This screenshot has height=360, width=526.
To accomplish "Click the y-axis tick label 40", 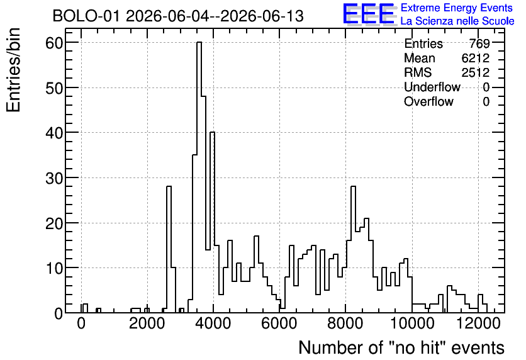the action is point(54,133).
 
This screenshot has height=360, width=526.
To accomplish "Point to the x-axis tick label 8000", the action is point(345,323).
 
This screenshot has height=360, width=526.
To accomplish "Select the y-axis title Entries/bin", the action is point(14,70).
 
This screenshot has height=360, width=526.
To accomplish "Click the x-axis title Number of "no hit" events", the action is point(401,347).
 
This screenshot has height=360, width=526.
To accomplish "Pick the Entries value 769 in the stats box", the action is point(479,43).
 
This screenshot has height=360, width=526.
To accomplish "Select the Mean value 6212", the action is point(475,58).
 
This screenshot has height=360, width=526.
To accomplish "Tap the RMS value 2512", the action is point(475,72).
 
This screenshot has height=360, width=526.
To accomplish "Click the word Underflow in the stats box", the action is point(432,87).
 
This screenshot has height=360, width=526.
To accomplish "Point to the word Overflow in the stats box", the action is point(428,101).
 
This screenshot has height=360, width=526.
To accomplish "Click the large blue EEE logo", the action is point(369,14).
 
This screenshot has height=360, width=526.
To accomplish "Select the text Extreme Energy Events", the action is point(457,8).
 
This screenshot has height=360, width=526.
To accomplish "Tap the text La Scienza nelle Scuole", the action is point(457,21).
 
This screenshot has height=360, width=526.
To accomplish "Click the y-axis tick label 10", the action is point(54,268).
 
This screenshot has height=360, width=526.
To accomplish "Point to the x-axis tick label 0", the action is point(81,323).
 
